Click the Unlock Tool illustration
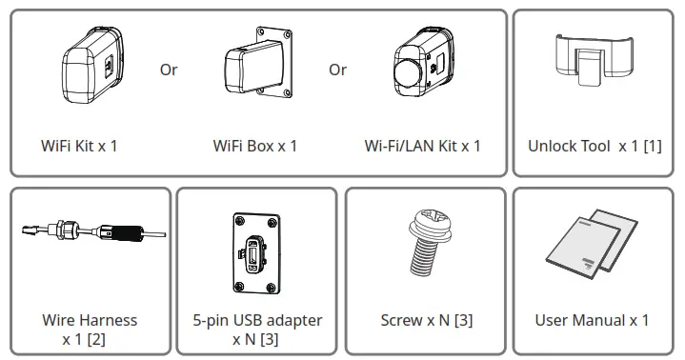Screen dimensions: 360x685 click(x=594, y=63)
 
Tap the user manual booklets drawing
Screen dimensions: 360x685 click(x=592, y=246)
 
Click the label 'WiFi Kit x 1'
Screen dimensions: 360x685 click(x=79, y=146)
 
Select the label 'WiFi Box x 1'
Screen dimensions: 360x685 click(x=255, y=146)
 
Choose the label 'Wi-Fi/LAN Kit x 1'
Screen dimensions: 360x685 click(x=422, y=146)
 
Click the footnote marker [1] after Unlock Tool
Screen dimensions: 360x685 click(x=652, y=146)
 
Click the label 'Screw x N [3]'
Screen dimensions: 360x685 click(x=426, y=320)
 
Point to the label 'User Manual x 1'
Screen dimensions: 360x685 click(x=592, y=320)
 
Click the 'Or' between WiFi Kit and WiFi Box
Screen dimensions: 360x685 click(x=169, y=70)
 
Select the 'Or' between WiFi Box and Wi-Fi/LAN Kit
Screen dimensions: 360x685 click(x=338, y=70)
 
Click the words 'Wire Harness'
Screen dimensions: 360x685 click(x=90, y=320)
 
